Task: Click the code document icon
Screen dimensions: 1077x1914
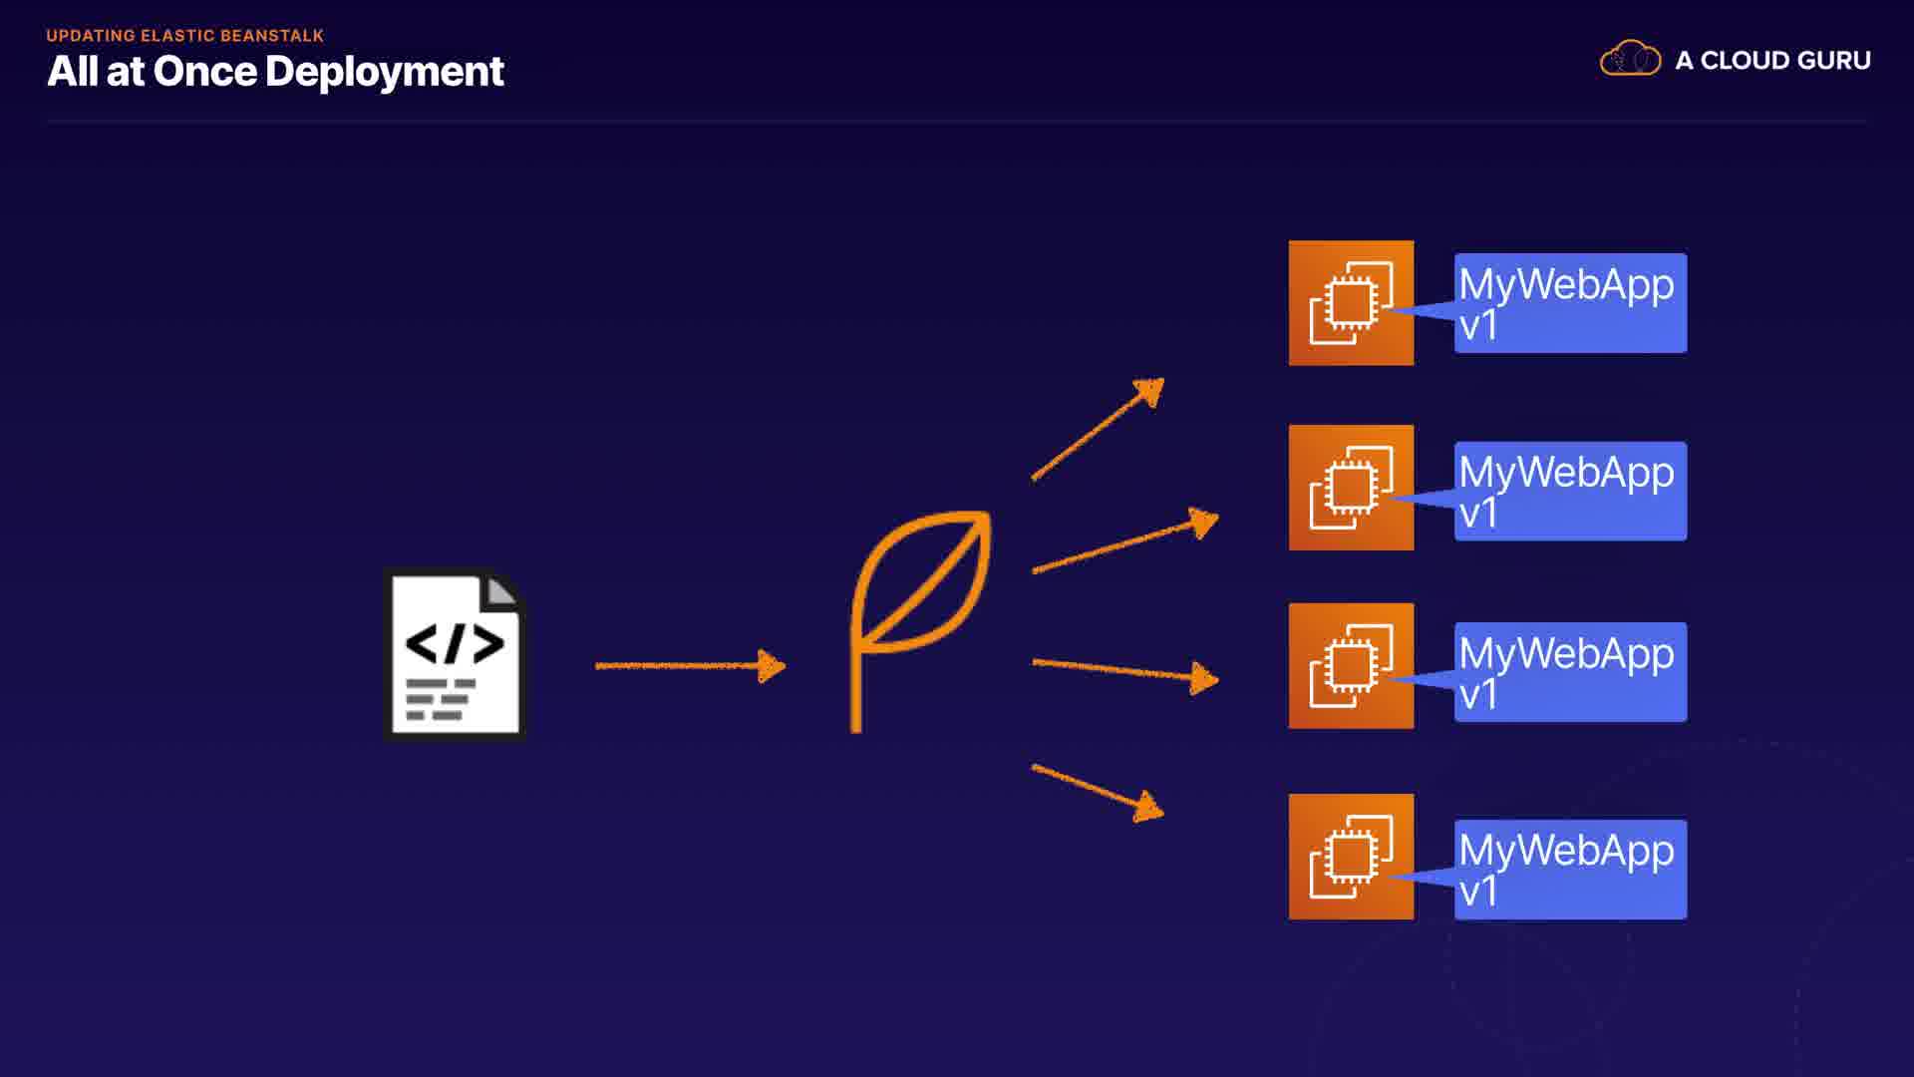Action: [x=456, y=654]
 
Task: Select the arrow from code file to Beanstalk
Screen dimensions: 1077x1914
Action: [x=690, y=665]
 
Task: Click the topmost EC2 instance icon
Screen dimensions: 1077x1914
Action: [x=1351, y=303]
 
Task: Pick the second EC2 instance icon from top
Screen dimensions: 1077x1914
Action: [x=1351, y=488]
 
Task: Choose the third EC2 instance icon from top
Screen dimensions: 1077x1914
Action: [x=1351, y=665]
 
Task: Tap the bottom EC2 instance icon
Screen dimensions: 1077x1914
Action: [x=1351, y=857]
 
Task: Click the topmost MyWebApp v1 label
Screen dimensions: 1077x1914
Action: [x=1570, y=303]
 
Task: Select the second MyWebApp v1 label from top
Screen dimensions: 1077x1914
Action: [x=1570, y=492]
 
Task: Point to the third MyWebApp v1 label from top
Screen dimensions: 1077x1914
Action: [x=1570, y=672]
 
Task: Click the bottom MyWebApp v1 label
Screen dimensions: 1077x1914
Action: [x=1570, y=870]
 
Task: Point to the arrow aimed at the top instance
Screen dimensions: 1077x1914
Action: [x=1098, y=430]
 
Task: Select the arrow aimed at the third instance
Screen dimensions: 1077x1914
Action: [x=1124, y=671]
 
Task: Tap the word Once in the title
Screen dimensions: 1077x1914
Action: [x=204, y=72]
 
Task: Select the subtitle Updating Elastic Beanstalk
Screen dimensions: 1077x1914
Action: [x=185, y=36]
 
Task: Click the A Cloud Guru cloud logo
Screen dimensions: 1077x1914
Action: [x=1630, y=59]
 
